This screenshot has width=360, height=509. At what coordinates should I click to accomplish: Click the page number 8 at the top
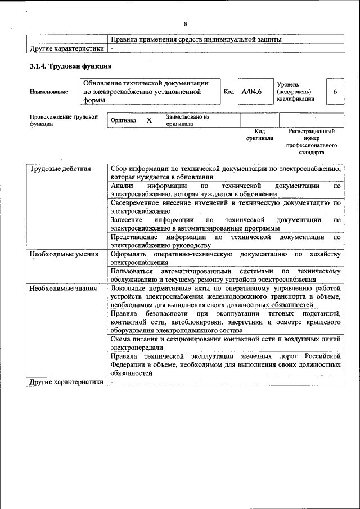[185, 24]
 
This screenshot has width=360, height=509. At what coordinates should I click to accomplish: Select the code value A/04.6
[251, 92]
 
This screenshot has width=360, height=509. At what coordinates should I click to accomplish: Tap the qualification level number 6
[335, 92]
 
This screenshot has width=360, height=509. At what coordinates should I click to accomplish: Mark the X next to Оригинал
[149, 120]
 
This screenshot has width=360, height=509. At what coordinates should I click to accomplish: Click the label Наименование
[49, 92]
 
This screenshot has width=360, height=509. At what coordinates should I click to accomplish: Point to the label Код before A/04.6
[229, 92]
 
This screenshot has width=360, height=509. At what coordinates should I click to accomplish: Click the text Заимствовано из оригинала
[187, 120]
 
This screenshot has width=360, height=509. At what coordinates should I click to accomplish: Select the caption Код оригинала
[259, 134]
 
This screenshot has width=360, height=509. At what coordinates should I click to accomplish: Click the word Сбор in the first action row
[120, 169]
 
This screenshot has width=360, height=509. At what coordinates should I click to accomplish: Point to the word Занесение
[127, 220]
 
